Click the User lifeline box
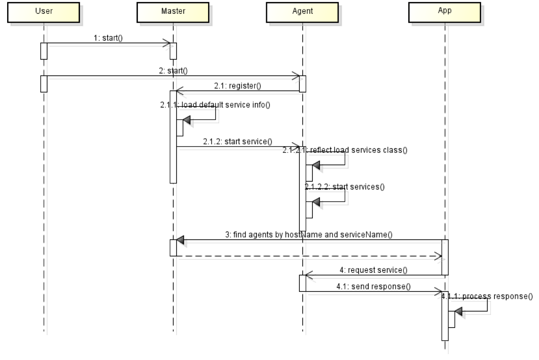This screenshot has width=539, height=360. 44,11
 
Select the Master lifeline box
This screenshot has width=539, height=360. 173,11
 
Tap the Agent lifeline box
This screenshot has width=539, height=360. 302,11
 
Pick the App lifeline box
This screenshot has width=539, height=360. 444,11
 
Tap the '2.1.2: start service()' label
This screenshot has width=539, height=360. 238,141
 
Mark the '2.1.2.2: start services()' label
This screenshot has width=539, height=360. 344,186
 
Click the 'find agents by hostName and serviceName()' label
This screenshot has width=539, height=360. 309,235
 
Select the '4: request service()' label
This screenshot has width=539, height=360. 373,270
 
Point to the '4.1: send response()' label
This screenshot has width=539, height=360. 373,286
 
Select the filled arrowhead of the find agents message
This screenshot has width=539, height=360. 180,240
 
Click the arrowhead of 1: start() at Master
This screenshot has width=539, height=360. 167,43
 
